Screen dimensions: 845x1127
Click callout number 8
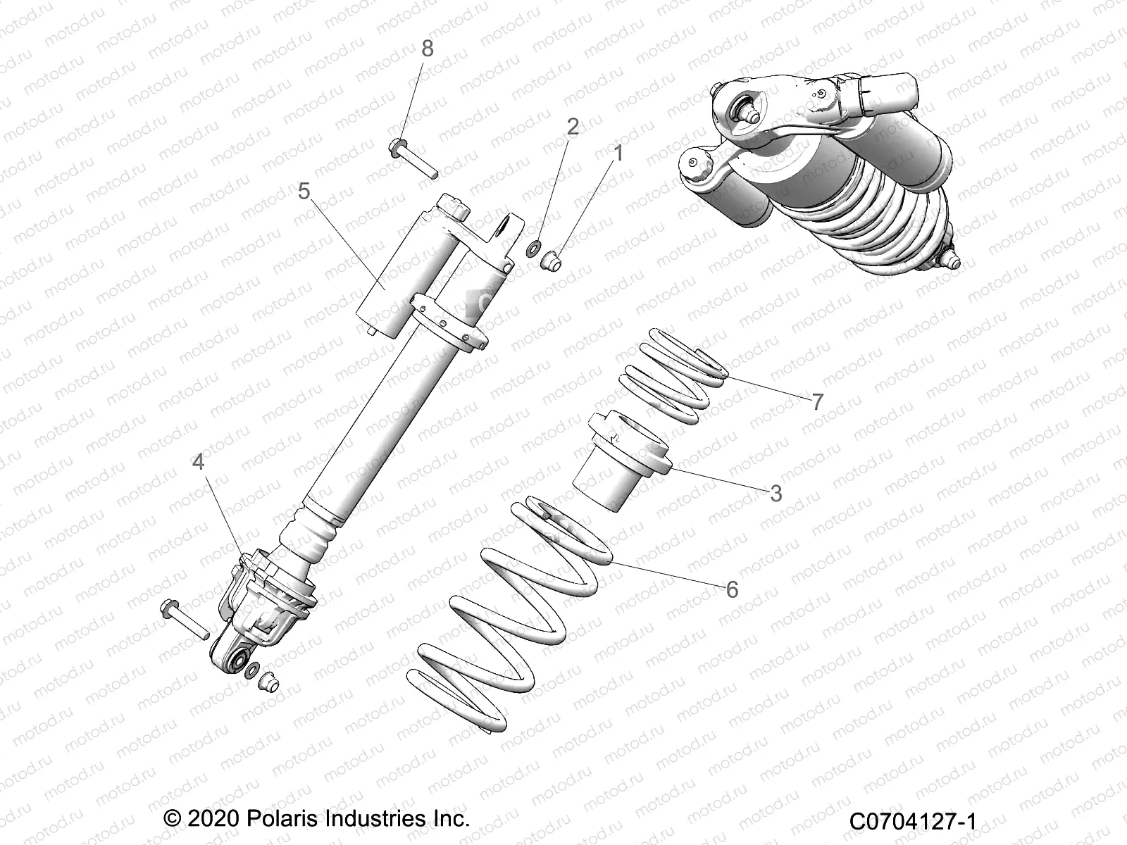pyautogui.click(x=427, y=49)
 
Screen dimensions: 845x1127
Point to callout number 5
pyautogui.click(x=304, y=191)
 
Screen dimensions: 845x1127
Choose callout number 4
pyautogui.click(x=199, y=462)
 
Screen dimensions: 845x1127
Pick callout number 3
pyautogui.click(x=776, y=493)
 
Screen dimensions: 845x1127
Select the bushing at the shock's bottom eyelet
pyautogui.click(x=266, y=681)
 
